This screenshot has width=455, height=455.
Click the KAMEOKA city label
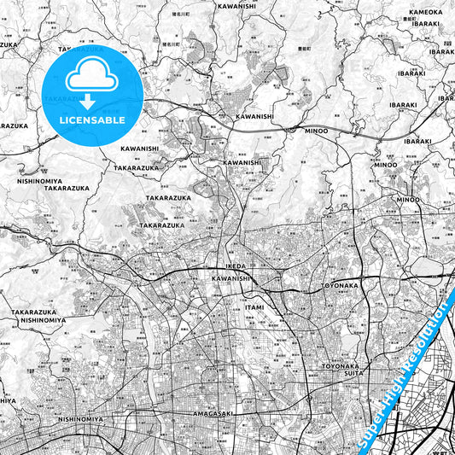click(426, 13)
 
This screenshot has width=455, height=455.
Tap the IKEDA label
click(235, 266)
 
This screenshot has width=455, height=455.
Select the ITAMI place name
click(254, 306)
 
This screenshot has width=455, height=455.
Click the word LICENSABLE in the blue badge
click(92, 121)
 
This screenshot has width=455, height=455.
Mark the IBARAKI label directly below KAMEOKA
click(426, 24)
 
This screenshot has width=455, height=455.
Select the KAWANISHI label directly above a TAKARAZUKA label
click(139, 149)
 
